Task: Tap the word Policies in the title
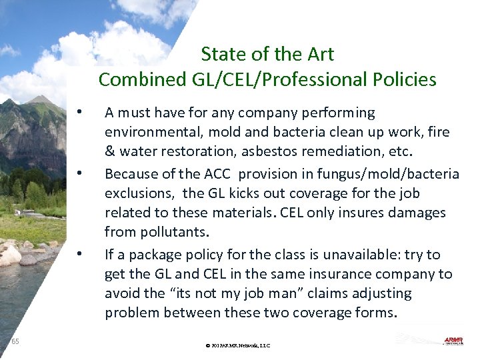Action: tap(401, 80)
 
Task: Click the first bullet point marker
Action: tap(79, 111)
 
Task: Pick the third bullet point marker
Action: tap(79, 254)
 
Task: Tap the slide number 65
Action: tap(15, 341)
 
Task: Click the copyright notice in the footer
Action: tap(238, 346)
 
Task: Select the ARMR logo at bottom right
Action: tap(453, 341)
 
